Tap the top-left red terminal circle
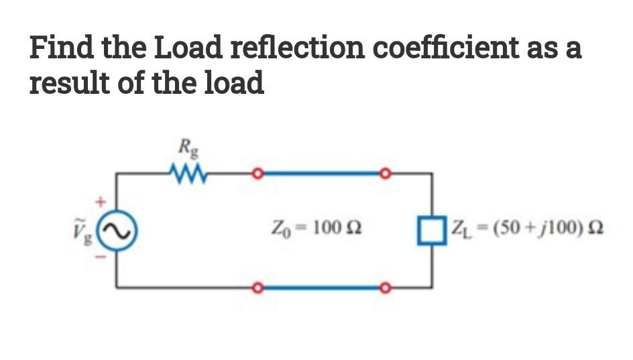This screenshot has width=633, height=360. [255, 174]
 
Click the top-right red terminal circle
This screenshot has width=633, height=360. [384, 174]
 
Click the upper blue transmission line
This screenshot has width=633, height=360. [320, 174]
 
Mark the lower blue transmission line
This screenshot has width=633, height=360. [320, 288]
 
